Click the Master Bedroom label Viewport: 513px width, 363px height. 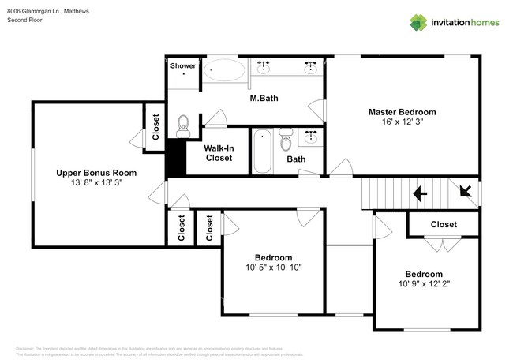[402, 112]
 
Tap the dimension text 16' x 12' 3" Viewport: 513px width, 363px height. [402, 122]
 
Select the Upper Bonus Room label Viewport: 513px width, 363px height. [95, 172]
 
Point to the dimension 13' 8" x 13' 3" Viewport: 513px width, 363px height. [95, 181]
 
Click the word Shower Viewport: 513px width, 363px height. [183, 65]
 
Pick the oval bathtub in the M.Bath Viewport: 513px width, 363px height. [225, 72]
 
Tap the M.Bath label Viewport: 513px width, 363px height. [263, 99]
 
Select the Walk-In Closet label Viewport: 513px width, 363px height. [219, 152]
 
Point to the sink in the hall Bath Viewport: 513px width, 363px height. [312, 136]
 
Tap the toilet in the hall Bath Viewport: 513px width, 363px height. [286, 139]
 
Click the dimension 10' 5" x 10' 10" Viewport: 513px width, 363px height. [273, 268]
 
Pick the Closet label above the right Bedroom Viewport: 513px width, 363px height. [443, 224]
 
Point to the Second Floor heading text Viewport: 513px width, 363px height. [24, 20]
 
